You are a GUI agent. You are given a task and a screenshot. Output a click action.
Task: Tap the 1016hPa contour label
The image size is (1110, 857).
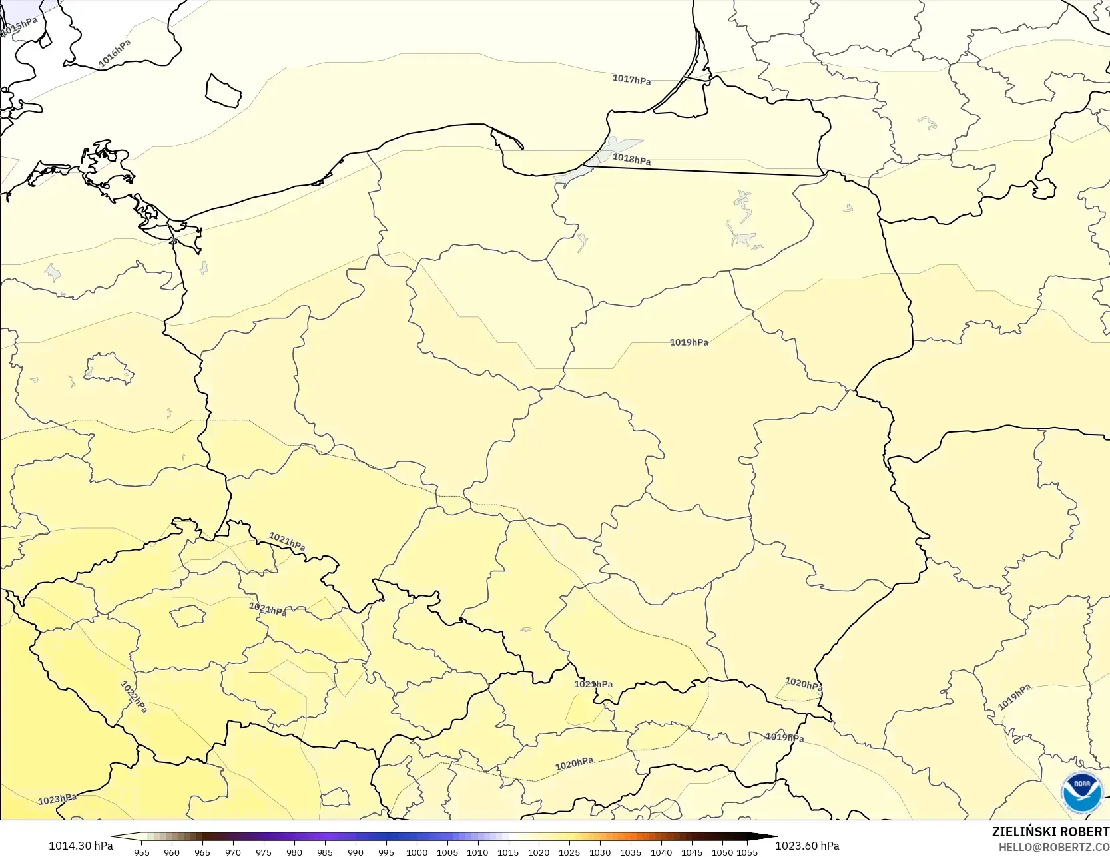[x=115, y=53]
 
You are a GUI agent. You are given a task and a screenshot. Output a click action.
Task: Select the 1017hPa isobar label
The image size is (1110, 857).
[x=631, y=79]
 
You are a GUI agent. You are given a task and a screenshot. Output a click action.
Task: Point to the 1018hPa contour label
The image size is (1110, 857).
[x=631, y=159]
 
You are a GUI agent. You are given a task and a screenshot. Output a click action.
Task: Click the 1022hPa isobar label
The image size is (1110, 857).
[x=133, y=697]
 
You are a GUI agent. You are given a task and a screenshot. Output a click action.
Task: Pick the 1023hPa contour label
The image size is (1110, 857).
[x=57, y=798]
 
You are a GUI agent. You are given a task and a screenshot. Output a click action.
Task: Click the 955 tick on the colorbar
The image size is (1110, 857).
[x=142, y=852]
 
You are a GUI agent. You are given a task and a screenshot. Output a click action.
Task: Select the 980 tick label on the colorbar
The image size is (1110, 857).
[x=294, y=852]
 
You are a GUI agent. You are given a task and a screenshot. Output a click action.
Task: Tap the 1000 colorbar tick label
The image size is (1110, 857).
[x=417, y=852]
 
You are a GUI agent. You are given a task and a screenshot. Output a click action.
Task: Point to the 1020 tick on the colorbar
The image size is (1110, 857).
[x=539, y=852]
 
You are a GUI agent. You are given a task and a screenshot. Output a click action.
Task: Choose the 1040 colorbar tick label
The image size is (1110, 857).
[x=661, y=852]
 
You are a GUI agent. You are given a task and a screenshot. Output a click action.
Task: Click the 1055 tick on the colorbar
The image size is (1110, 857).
[x=747, y=852]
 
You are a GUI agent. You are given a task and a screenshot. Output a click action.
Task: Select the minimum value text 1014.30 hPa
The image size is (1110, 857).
[x=81, y=846]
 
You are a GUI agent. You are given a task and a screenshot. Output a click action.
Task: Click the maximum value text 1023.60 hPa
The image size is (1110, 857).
[x=807, y=846]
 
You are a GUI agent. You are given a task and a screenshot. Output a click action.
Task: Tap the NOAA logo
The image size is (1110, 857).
[x=1081, y=792]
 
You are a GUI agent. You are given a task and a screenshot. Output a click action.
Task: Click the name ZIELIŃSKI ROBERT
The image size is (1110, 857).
[x=1050, y=832]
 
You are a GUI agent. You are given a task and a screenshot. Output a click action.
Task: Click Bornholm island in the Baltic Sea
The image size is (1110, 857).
[x=223, y=91]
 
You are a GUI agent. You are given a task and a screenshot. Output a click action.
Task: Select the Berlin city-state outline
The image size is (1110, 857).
[x=109, y=368]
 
